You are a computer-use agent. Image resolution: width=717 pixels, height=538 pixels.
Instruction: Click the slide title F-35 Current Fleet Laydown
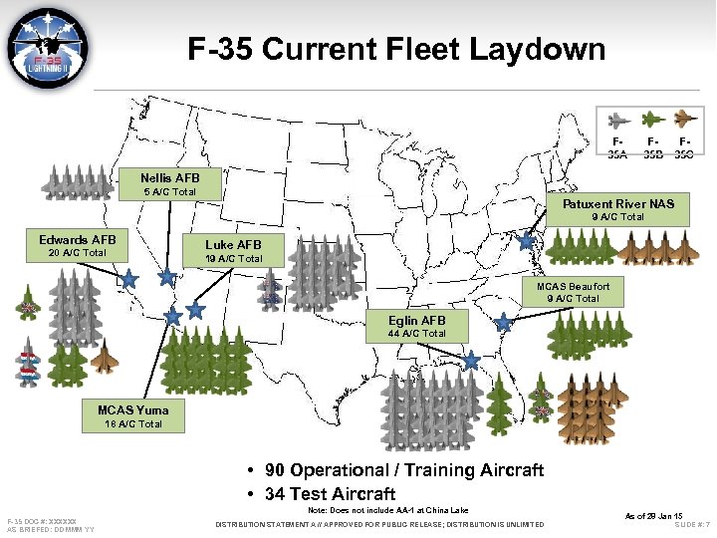coord(396,49)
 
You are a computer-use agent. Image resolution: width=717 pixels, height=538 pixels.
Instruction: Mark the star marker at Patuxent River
coord(526,240)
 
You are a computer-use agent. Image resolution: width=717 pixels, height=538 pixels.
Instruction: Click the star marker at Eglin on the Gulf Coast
coord(471,359)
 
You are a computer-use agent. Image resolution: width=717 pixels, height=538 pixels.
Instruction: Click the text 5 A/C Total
coord(169,192)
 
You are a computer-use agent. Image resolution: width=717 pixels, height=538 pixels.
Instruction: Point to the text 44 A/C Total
coord(417,334)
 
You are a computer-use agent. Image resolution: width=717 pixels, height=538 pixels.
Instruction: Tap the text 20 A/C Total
coord(78,253)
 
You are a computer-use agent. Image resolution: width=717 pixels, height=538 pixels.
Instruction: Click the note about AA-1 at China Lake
coord(388,510)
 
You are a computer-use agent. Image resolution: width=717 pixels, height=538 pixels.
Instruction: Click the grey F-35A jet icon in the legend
coord(618,125)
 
